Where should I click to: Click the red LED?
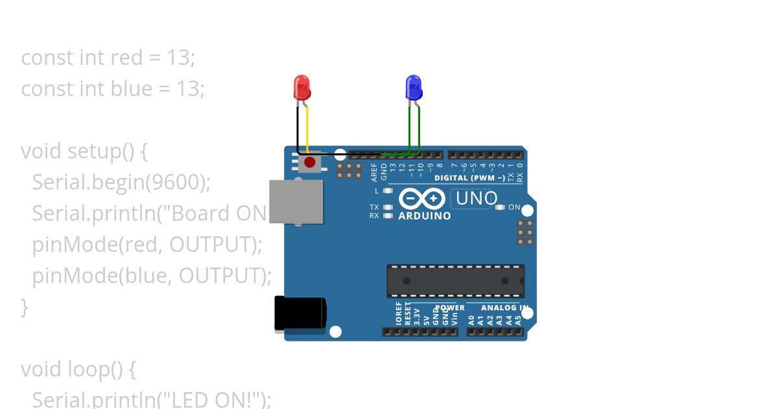coord(302,86)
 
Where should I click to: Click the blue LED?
coord(413,86)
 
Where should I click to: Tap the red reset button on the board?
coord(310,162)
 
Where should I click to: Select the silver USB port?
coord(296,201)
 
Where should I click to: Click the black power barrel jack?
coord(299,313)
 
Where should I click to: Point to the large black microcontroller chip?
coord(455,280)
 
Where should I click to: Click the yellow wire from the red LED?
coord(307,130)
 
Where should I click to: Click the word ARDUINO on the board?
coord(425,216)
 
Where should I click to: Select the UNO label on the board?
coord(477,199)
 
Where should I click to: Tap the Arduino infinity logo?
coord(422,199)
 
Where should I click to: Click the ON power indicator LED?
coord(499,208)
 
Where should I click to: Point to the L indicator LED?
coord(388,191)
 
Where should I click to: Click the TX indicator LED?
coord(388,208)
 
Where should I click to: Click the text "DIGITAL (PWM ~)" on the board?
coord(469,178)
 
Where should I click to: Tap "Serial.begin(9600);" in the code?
coord(121,182)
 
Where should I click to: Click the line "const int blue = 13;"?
coord(113,89)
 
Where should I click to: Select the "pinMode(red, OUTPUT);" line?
coord(147,245)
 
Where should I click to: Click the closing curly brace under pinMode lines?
coord(25,307)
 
